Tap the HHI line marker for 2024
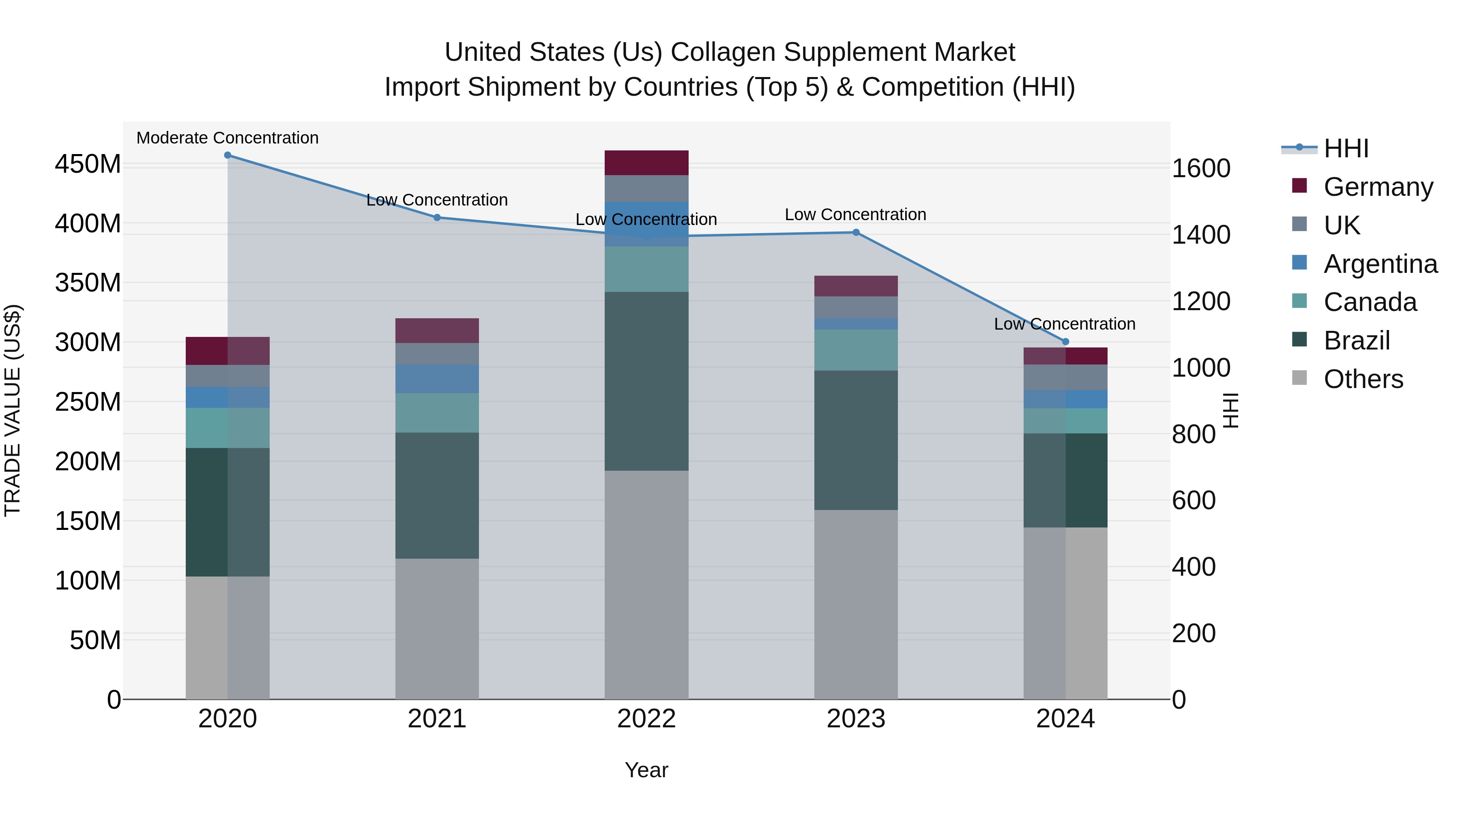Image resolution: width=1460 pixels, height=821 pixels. pyautogui.click(x=1065, y=342)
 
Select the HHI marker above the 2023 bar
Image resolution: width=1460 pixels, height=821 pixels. pyautogui.click(x=856, y=232)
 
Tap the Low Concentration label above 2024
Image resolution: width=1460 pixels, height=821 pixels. pyautogui.click(x=1065, y=324)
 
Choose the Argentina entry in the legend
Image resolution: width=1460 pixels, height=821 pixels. pyautogui.click(x=1380, y=264)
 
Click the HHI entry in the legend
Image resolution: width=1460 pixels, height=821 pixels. pyautogui.click(x=1346, y=148)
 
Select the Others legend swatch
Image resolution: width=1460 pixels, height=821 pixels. pyautogui.click(x=1299, y=378)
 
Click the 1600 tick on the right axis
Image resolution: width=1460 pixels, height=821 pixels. pyautogui.click(x=1200, y=168)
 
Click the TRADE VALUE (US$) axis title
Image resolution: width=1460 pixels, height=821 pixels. pyautogui.click(x=13, y=410)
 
